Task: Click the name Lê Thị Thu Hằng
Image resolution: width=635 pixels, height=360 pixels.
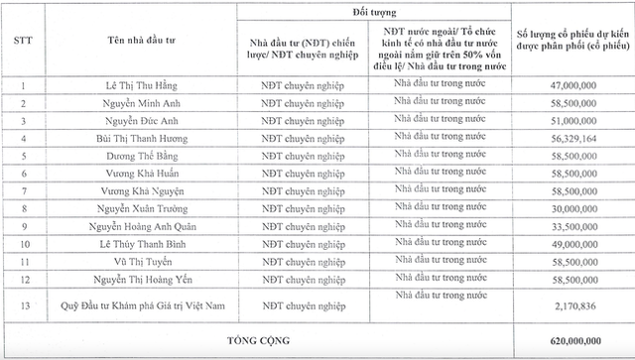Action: [143, 87]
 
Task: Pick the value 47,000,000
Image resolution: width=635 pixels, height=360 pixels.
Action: [572, 87]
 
